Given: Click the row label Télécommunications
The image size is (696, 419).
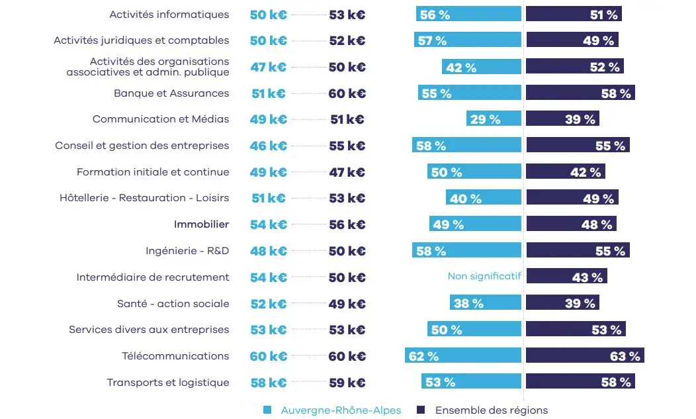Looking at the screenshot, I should pos(175,356).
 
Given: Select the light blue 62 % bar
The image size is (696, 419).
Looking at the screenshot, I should pos(463,356).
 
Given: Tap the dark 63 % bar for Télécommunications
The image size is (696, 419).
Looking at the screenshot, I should pos(585,356).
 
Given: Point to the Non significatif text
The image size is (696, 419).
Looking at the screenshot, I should pos(484,276).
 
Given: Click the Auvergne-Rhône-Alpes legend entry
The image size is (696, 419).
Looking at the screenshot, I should pos(341,410).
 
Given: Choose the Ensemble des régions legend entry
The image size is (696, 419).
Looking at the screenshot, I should pos(491,410).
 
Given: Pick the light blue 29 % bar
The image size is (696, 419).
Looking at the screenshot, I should pos(494,119).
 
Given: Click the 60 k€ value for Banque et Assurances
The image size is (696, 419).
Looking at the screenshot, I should pos(347,93).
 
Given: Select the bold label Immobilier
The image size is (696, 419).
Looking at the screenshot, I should pos(201,224).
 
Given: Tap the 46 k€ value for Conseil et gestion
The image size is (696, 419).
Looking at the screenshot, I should pos(268,146).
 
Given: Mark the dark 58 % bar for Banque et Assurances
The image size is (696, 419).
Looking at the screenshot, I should pos(580,93).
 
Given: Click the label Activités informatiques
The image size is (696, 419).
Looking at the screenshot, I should pos(169,15).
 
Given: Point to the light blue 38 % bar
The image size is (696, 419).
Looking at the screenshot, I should pos(486,303).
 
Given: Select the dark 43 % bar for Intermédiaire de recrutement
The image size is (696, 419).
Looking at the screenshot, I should pos(566,277).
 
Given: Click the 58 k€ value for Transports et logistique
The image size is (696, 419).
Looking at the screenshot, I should pos(268,383).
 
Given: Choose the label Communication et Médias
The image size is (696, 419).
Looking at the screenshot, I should pos(161,120).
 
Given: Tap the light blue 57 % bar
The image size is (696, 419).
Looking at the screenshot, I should pos(468,40).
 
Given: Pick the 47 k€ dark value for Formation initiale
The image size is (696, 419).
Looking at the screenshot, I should pos(347,172).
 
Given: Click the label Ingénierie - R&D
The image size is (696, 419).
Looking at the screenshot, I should pos(187,251).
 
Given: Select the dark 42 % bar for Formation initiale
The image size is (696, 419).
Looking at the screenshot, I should pos(565,172).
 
